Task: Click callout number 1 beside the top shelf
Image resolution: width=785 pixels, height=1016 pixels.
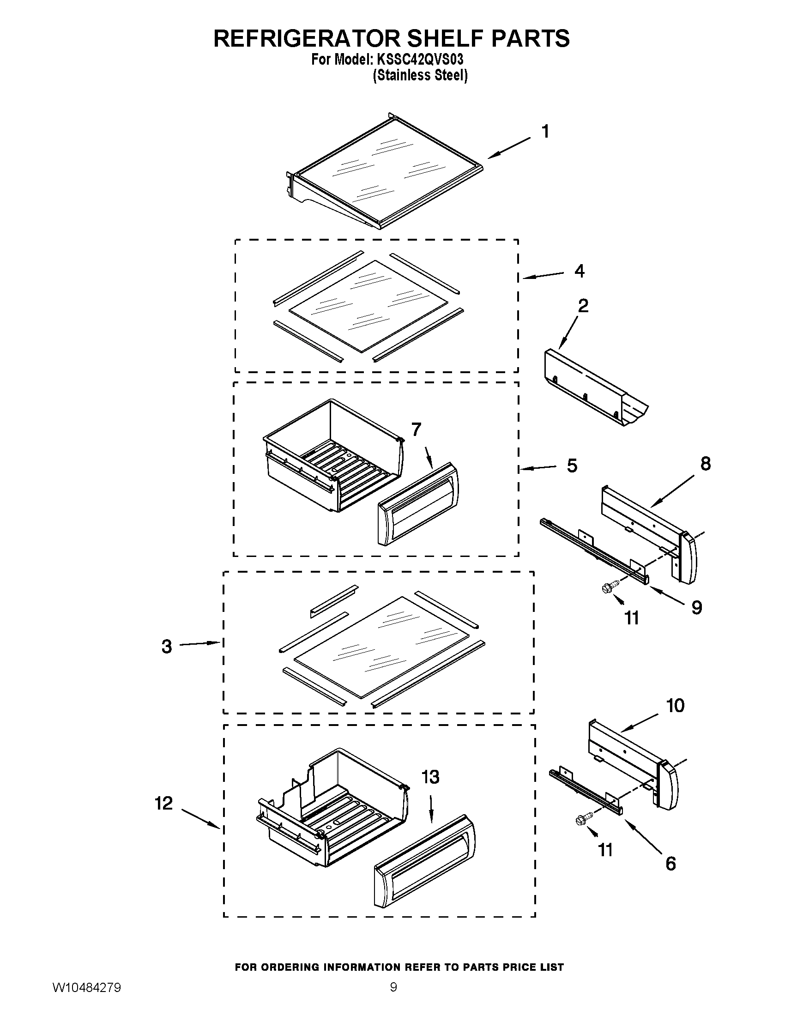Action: click(545, 132)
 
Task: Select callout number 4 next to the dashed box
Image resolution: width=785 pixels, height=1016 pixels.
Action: click(579, 271)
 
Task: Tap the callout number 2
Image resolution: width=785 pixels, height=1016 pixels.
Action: click(583, 306)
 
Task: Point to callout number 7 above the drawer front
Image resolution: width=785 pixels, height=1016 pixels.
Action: click(416, 429)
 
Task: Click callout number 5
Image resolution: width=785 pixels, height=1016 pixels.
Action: click(572, 466)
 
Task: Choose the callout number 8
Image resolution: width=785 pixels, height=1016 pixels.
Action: click(705, 464)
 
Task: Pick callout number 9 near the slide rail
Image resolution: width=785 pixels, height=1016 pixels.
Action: click(696, 608)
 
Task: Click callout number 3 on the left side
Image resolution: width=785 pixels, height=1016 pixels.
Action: click(167, 647)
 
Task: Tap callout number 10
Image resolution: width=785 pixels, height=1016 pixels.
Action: click(675, 706)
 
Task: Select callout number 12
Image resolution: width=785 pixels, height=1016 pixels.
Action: click(164, 803)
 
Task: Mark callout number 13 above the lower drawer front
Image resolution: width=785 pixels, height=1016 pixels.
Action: click(430, 777)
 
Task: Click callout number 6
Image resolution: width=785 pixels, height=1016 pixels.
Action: click(670, 864)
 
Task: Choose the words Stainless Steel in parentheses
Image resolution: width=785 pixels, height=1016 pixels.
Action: click(420, 75)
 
